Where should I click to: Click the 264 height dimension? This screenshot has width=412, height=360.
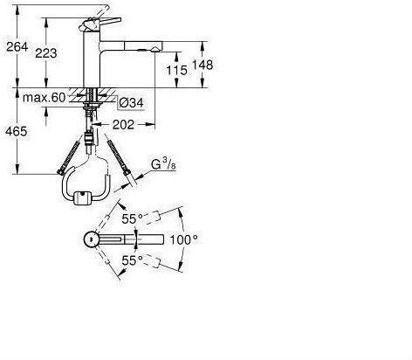[17, 46]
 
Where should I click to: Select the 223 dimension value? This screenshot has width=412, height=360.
[46, 53]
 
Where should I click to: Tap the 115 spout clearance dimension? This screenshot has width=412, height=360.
[176, 70]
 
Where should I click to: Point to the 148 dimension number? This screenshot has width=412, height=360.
[203, 65]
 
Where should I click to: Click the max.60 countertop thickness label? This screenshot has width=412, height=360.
[45, 98]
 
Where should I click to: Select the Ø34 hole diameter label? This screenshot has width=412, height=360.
[132, 102]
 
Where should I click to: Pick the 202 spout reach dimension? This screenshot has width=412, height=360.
[123, 125]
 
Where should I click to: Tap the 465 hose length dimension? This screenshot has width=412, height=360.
[17, 132]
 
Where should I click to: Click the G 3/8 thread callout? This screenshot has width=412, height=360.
[163, 165]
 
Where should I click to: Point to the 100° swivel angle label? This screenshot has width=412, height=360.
[183, 239]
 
